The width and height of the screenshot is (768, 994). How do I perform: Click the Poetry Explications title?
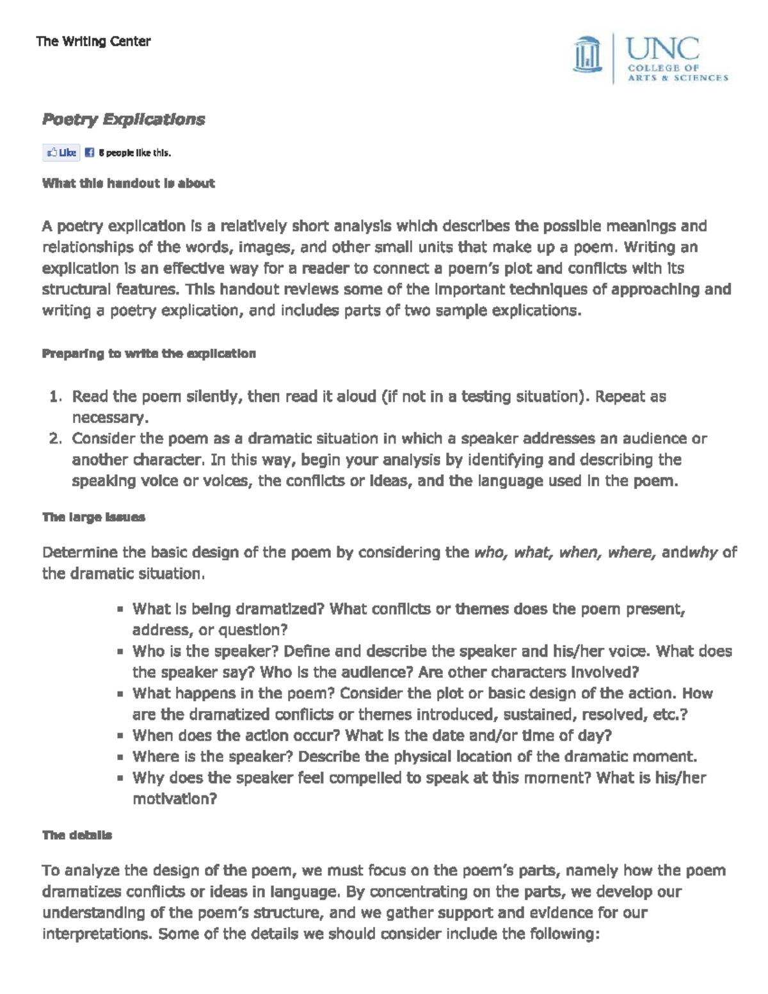(124, 120)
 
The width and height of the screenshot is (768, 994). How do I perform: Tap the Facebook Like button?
(61, 153)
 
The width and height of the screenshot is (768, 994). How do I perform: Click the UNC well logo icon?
(588, 57)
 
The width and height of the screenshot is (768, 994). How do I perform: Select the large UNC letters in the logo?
(662, 49)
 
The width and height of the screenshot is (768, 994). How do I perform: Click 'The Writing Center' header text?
(93, 42)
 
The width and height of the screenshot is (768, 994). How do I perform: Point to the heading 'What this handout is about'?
(128, 184)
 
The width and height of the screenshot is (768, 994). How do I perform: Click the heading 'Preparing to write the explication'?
(148, 354)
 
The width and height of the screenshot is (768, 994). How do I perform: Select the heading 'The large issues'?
(93, 517)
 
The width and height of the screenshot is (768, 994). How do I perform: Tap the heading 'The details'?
(77, 835)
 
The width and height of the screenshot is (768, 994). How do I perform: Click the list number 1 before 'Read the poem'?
(54, 397)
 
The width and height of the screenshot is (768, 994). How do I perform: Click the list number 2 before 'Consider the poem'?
(54, 439)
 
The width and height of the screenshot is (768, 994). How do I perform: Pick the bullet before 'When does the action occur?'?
(120, 737)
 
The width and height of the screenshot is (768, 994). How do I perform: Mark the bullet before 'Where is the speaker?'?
(120, 758)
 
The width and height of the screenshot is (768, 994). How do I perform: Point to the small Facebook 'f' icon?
(90, 153)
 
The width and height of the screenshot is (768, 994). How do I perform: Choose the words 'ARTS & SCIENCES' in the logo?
(677, 77)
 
